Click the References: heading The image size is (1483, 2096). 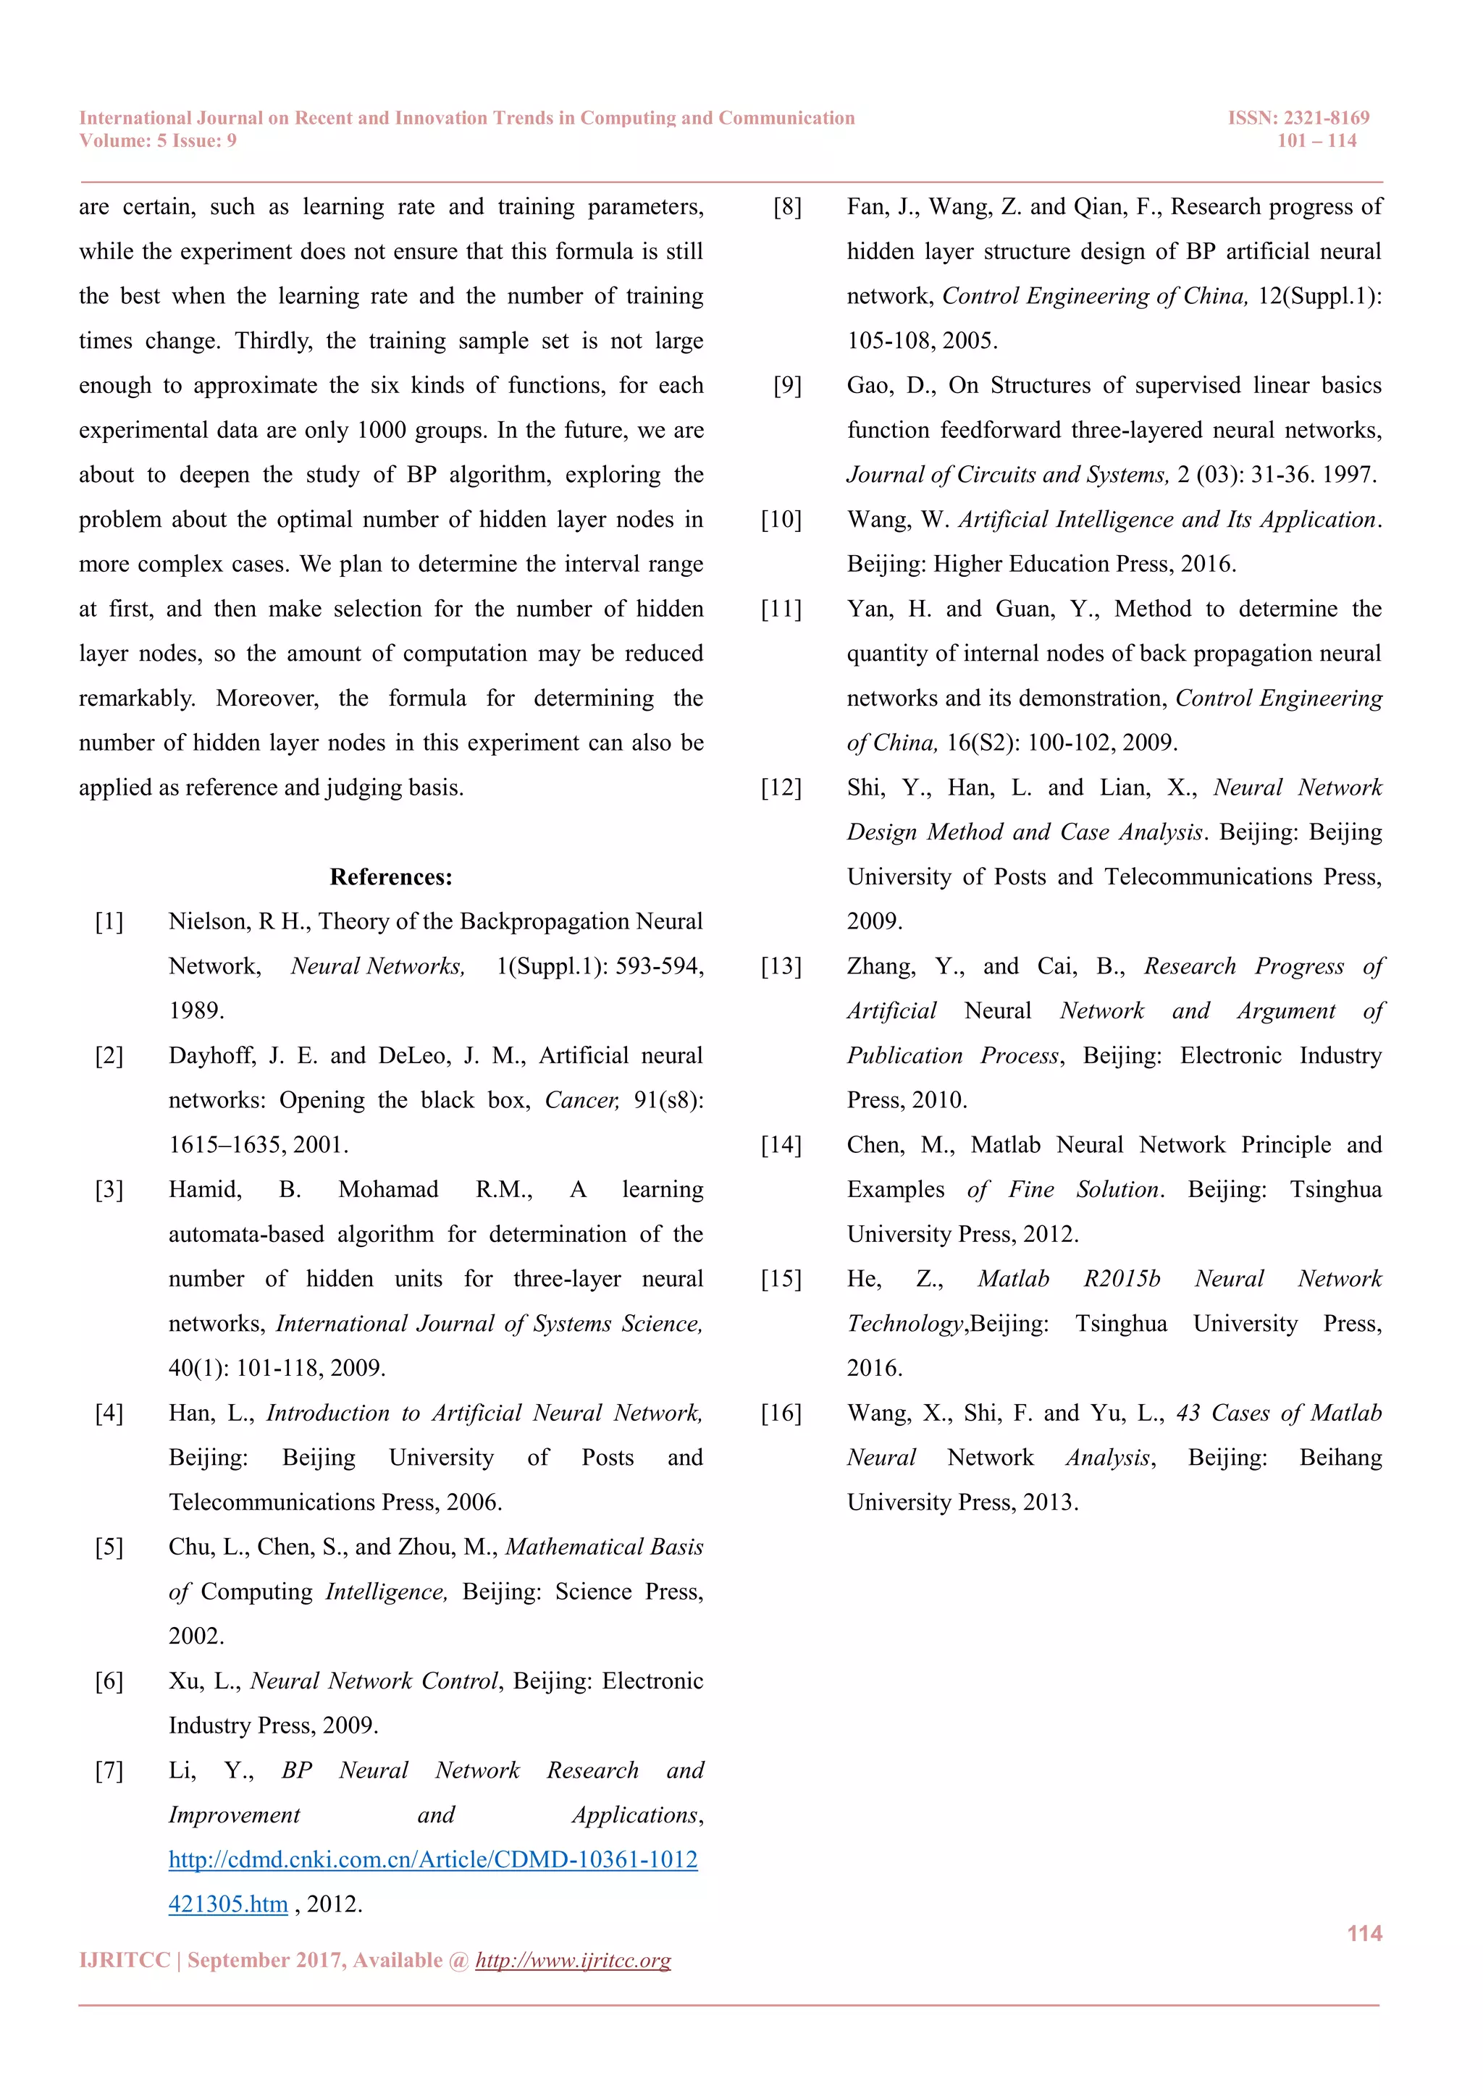[x=391, y=877]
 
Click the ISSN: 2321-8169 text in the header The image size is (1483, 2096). [x=1298, y=118]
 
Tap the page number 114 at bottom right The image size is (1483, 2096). [x=1364, y=1933]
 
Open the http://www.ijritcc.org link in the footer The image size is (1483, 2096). [x=573, y=1960]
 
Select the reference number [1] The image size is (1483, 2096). [x=109, y=922]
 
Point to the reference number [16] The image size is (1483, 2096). [x=781, y=1413]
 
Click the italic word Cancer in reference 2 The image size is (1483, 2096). [x=581, y=1101]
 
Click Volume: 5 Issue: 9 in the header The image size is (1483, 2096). [x=158, y=140]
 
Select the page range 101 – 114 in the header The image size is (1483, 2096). [x=1316, y=140]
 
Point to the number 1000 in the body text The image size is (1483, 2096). [x=382, y=431]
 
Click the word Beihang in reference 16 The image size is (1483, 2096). [x=1340, y=1458]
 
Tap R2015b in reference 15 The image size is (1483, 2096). [x=1122, y=1279]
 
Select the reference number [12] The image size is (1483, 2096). [x=781, y=788]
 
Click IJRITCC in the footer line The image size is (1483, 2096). [x=125, y=1960]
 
